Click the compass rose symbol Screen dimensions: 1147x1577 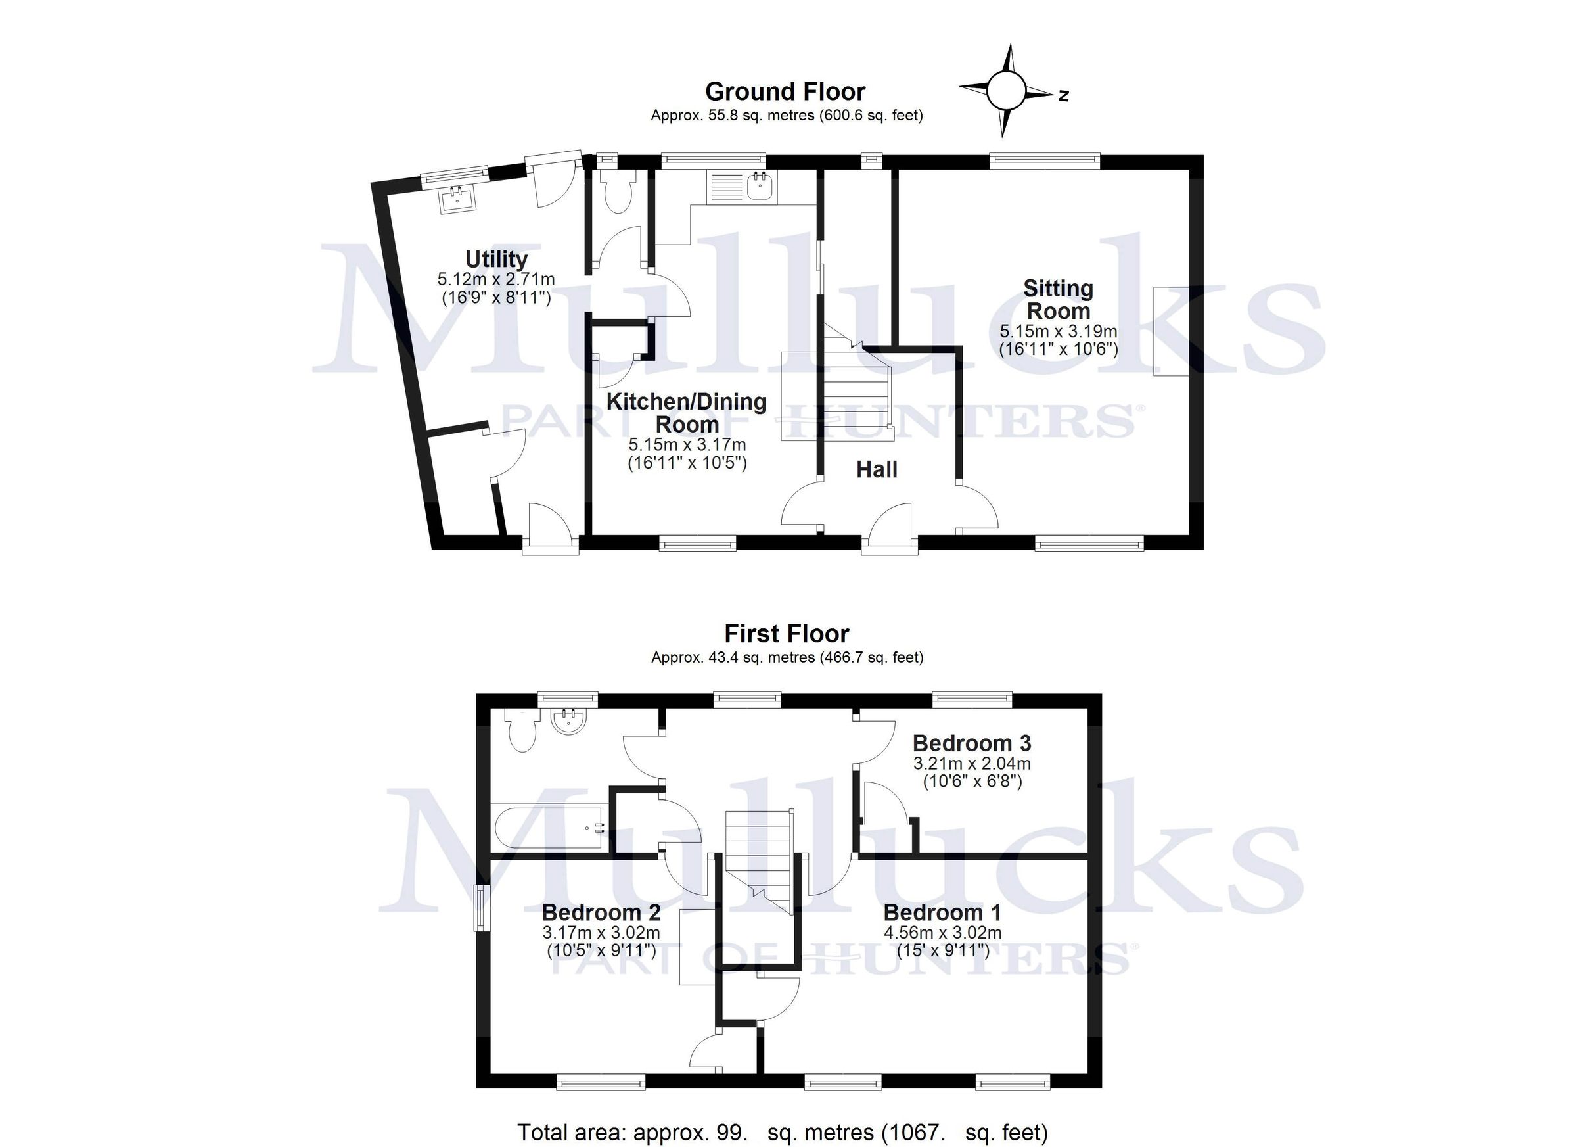[1006, 91]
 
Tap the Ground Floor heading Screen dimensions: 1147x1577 [785, 92]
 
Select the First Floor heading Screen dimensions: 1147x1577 [787, 634]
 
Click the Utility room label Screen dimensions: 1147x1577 [495, 260]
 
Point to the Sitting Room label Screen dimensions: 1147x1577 [1058, 300]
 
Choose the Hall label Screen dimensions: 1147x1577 [876, 469]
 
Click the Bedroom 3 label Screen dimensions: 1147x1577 [971, 743]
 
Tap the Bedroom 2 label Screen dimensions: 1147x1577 [601, 912]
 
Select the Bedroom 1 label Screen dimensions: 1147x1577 [942, 912]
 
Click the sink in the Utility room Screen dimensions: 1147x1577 [457, 199]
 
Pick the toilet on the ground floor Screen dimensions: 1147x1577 [617, 190]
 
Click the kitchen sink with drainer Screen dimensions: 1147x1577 [741, 187]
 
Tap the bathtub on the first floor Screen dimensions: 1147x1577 [549, 828]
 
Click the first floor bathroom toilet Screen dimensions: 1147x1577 [522, 731]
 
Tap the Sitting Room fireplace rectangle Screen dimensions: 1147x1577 [1171, 331]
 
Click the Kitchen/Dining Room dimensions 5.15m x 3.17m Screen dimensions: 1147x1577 [687, 444]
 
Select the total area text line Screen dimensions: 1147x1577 [782, 1133]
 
